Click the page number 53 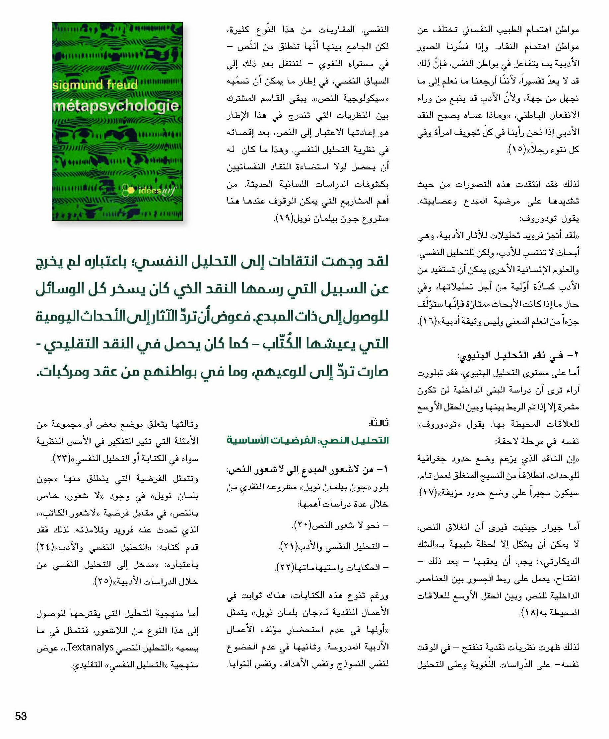(x=21, y=716)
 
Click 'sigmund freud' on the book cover (x=95, y=85)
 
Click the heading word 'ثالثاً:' (x=378, y=423)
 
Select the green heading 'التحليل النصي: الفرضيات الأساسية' (x=308, y=440)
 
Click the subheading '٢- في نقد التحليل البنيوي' (x=518, y=355)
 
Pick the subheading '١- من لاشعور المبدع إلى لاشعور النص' (x=308, y=470)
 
